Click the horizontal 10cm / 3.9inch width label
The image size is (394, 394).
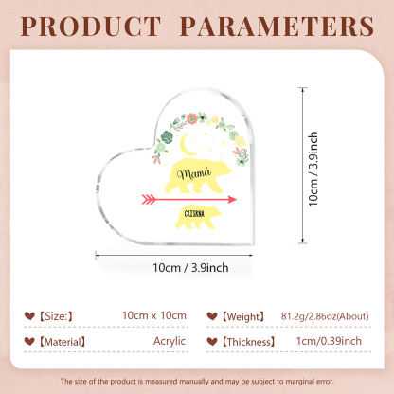(x=190, y=268)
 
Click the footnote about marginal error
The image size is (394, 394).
(x=197, y=381)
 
